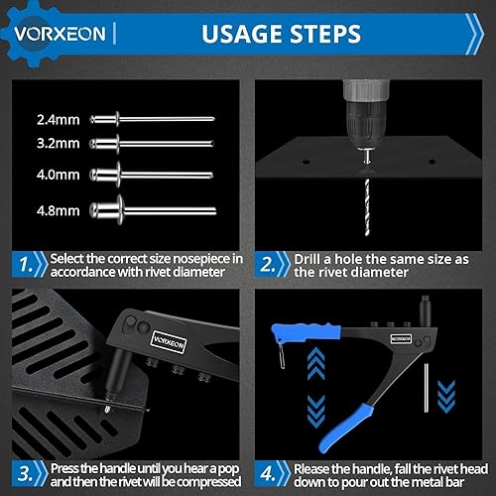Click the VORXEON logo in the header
coord(60,34)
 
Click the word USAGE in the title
coord(242,34)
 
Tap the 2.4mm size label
coord(59,120)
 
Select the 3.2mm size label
coord(59,144)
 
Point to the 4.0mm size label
coord(59,175)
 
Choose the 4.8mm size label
coord(59,210)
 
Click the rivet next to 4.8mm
coord(153,210)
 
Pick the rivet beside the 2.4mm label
coord(152,119)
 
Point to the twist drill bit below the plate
coord(367,207)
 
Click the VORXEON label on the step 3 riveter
coord(169,342)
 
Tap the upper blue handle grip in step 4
coord(306,332)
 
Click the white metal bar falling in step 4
coord(427,388)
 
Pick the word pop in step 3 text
coord(229,469)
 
